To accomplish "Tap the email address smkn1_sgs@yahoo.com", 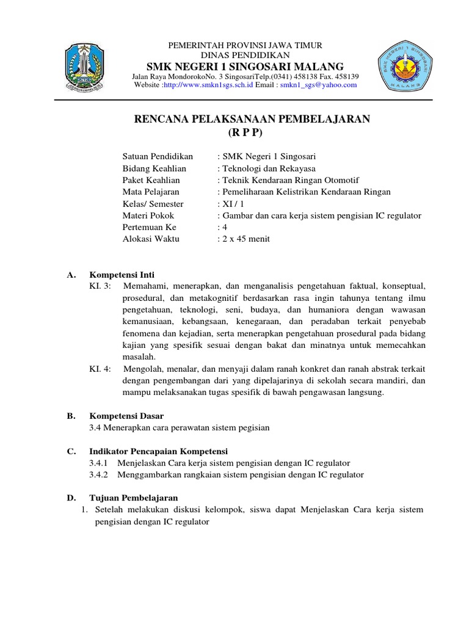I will [318, 85].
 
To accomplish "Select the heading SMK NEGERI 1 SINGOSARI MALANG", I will [245, 66].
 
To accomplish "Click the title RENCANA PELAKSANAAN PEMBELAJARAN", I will [252, 119].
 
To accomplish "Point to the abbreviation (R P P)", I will [252, 132].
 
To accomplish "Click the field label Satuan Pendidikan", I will [158, 156].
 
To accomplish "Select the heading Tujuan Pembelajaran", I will [130, 498].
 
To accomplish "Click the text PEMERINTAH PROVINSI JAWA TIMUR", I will [245, 46].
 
